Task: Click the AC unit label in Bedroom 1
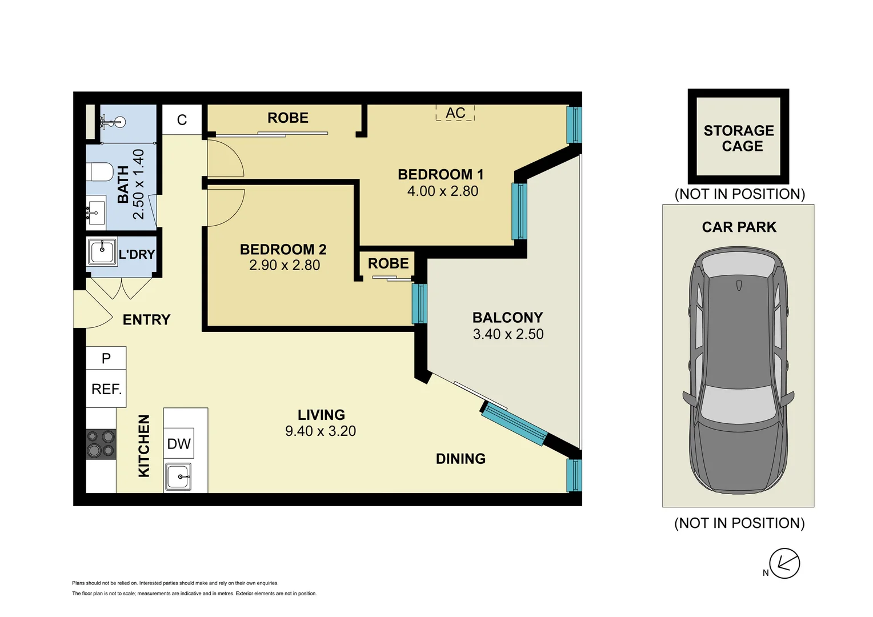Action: point(455,113)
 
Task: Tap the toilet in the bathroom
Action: point(99,172)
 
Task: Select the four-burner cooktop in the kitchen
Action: point(101,444)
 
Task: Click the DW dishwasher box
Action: point(179,443)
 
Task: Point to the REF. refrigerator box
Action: point(106,388)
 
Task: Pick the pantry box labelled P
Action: point(106,358)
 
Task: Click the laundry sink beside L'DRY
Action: point(102,252)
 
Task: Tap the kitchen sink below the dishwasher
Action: point(178,476)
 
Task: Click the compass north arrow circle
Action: point(784,564)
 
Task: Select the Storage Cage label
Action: point(739,138)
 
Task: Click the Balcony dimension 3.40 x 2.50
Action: point(508,334)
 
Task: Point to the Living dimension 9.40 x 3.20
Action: point(321,431)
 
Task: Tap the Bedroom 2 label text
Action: point(283,250)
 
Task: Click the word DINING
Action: point(460,459)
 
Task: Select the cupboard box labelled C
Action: point(182,119)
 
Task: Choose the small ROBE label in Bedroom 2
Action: point(389,263)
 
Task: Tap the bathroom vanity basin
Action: point(95,213)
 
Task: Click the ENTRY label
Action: point(146,319)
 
